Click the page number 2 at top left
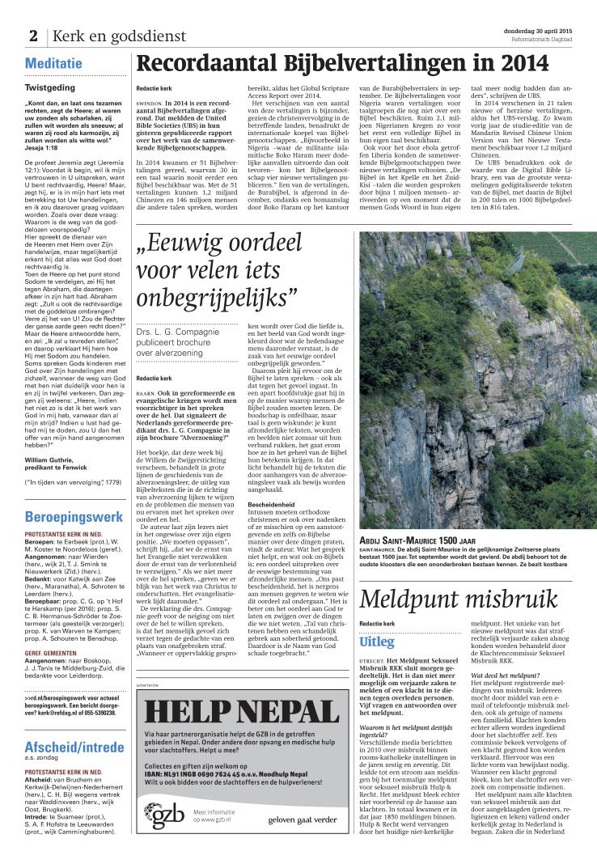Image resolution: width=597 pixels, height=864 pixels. tap(33, 36)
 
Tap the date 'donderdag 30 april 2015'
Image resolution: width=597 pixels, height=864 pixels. tap(541, 29)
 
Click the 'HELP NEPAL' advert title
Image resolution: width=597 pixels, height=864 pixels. tap(242, 712)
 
